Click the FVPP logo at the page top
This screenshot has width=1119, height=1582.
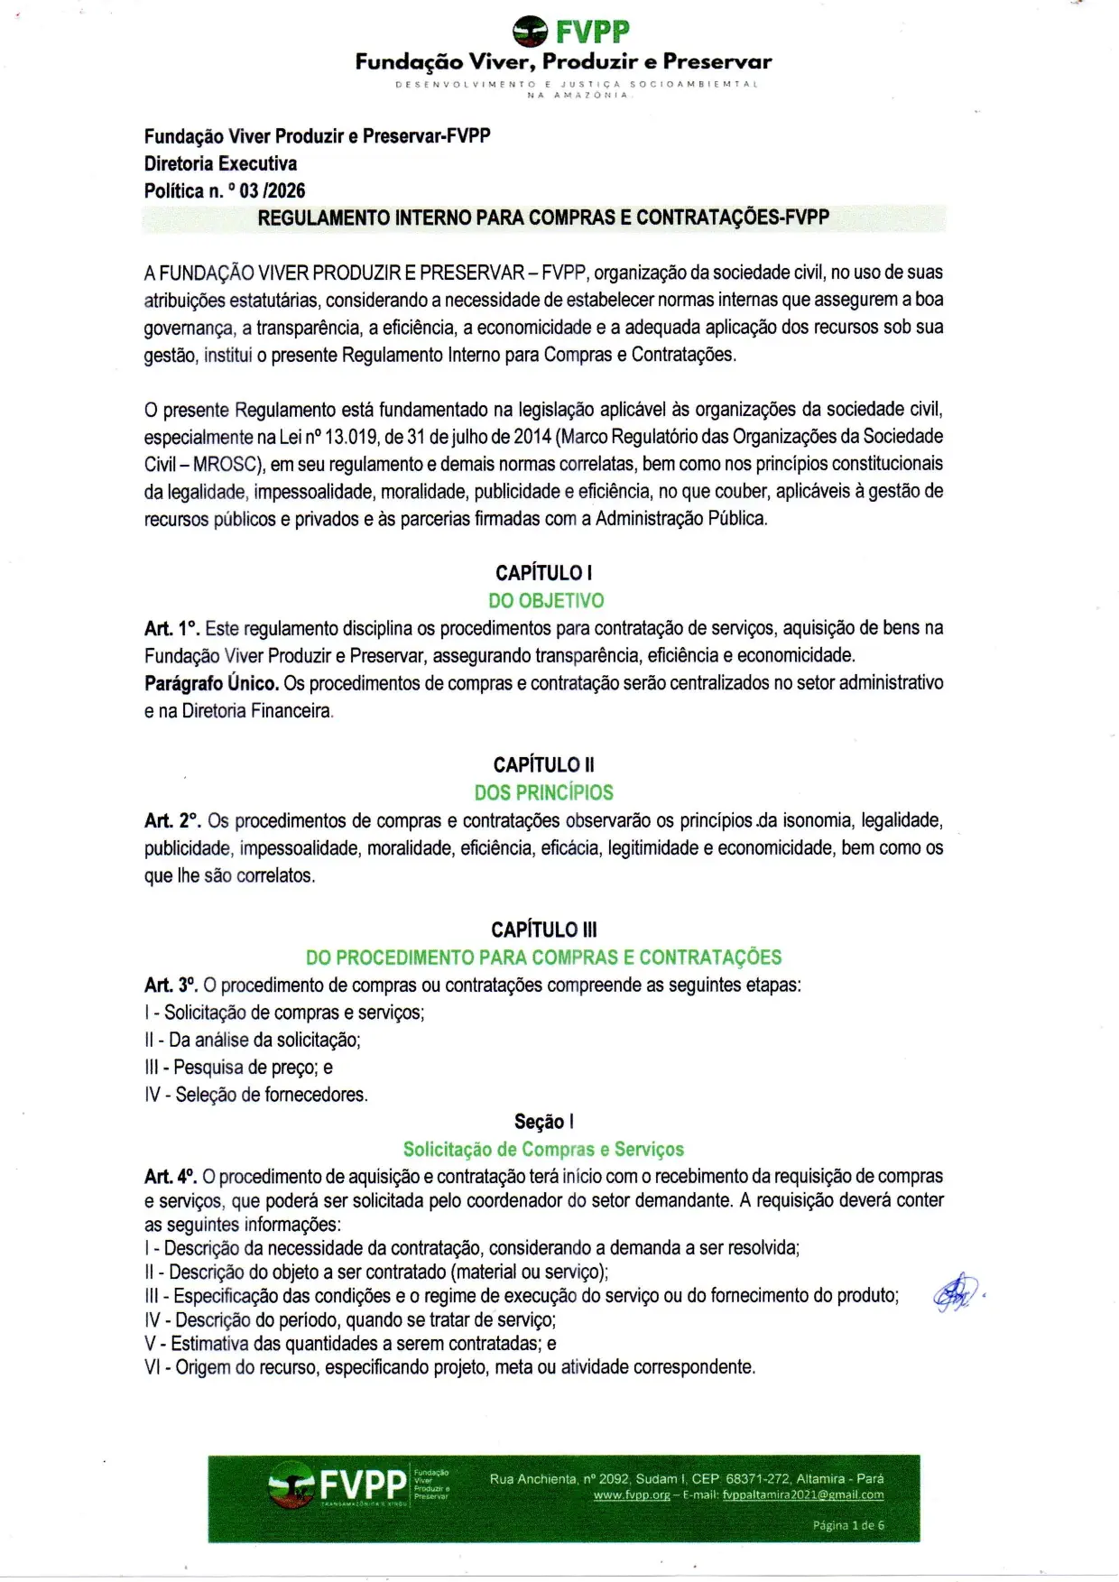tap(570, 32)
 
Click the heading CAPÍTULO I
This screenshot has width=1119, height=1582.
tap(543, 573)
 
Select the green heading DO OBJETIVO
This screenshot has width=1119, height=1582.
tap(546, 601)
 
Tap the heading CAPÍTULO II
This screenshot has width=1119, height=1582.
tap(543, 765)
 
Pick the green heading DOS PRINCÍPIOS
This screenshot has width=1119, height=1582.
tap(543, 793)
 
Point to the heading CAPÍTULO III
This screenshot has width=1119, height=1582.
tap(543, 930)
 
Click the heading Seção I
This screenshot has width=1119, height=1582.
tap(543, 1122)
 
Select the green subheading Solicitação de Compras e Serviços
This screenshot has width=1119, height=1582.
tap(543, 1150)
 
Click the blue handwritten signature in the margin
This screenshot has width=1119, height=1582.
tap(957, 1293)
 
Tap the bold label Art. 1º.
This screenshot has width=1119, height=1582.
tap(171, 629)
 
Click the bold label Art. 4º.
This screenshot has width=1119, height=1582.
tap(171, 1177)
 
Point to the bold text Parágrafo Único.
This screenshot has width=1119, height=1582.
tap(211, 683)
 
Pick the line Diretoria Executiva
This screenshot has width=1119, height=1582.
tap(220, 164)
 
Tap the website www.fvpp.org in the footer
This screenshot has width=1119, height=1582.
tap(632, 1495)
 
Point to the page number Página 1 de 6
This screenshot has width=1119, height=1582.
tap(848, 1525)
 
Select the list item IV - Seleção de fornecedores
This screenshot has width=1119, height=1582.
tap(256, 1095)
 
